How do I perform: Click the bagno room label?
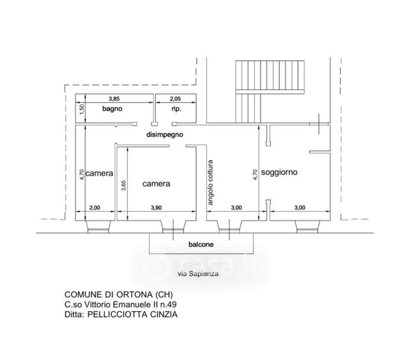(x=112, y=110)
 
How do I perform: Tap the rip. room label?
(x=176, y=110)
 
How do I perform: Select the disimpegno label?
(x=165, y=135)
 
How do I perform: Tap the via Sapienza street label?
(x=199, y=274)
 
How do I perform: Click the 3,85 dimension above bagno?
(x=114, y=99)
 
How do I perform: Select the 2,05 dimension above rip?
(x=175, y=99)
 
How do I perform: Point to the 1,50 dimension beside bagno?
(x=82, y=110)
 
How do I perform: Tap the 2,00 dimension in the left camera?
(x=95, y=208)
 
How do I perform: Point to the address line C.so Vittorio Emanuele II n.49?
(x=122, y=305)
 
